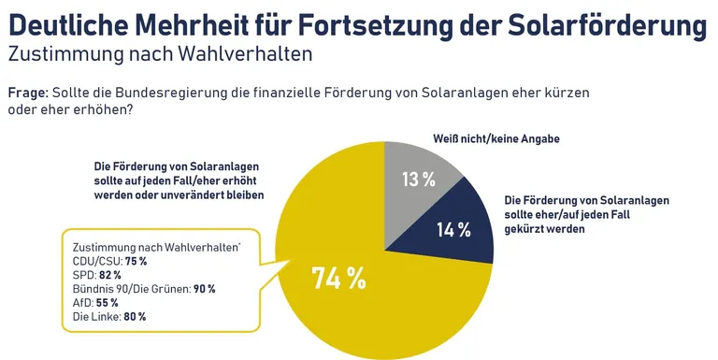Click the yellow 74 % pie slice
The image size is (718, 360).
374,309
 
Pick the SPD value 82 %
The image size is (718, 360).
111,276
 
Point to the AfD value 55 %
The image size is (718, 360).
108,303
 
